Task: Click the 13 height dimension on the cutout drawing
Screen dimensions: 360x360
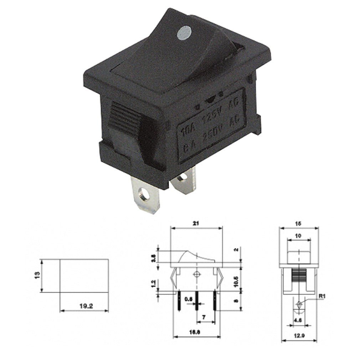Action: tap(37, 276)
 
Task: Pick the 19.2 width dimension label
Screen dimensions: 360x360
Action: tap(84, 305)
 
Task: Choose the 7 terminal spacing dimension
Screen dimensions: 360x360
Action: tap(204, 317)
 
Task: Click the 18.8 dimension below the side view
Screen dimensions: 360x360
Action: tap(196, 331)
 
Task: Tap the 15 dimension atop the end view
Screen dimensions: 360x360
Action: tap(298, 223)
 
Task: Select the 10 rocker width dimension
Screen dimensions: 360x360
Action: tap(298, 236)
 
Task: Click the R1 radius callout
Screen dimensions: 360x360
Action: tap(322, 295)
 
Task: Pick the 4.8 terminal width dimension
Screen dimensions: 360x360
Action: tap(298, 320)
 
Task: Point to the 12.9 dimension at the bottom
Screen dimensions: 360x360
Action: tap(298, 335)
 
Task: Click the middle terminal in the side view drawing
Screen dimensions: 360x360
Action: tap(196, 302)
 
